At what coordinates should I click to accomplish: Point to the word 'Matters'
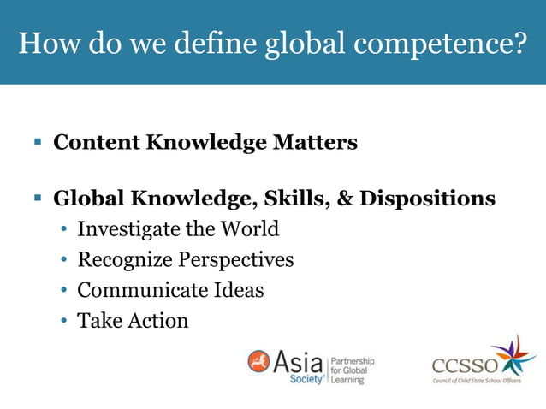[315, 142]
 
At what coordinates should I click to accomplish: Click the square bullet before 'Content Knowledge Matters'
[38, 143]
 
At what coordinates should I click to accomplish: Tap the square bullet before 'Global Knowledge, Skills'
[38, 199]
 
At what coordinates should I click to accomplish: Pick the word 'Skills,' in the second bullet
[297, 199]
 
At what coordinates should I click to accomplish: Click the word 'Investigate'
[127, 229]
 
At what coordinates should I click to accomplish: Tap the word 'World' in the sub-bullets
[249, 228]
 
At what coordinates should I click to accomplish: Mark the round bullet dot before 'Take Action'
[65, 322]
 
